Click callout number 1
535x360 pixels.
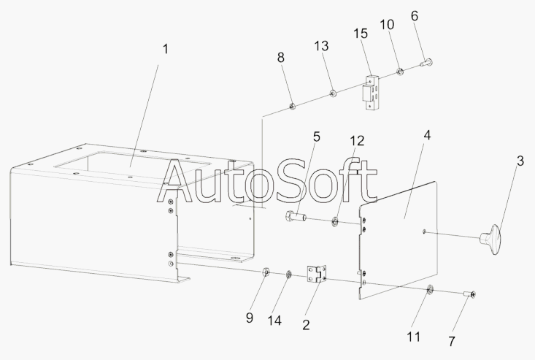click(165, 49)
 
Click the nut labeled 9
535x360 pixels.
click(267, 273)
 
